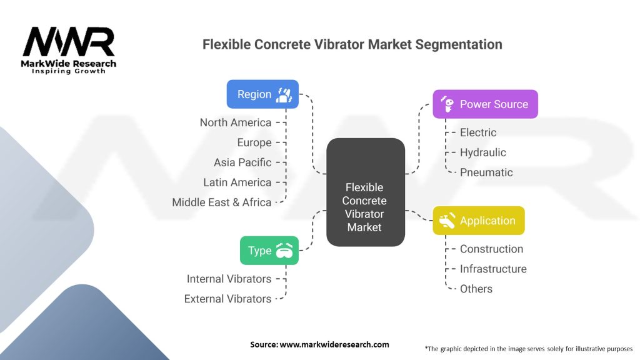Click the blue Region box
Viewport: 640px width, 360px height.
tap(262, 94)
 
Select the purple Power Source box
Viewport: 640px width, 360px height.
tap(485, 104)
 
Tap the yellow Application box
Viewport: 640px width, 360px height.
tap(479, 221)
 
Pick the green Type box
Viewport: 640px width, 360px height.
tap(269, 250)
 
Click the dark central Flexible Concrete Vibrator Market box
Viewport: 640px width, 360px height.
tap(365, 192)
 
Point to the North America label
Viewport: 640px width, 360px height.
tap(236, 122)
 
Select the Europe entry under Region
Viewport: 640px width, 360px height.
tap(254, 142)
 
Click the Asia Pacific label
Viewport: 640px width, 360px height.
tap(242, 162)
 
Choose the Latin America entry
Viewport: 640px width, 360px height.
tap(237, 182)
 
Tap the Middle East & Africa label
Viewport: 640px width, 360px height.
tap(222, 202)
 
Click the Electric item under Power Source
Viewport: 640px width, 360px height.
tap(478, 132)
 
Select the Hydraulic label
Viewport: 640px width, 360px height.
tap(483, 152)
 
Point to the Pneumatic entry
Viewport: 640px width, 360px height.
tap(486, 172)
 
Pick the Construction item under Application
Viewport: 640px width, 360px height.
tap(491, 249)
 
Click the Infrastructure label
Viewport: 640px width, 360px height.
tap(493, 269)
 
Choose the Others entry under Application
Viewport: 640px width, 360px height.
tap(476, 289)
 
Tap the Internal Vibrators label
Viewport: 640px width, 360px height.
tap(229, 279)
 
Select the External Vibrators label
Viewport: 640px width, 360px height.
tap(227, 299)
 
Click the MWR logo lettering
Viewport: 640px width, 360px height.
tap(69, 42)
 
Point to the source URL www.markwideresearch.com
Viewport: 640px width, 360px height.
tap(334, 344)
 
